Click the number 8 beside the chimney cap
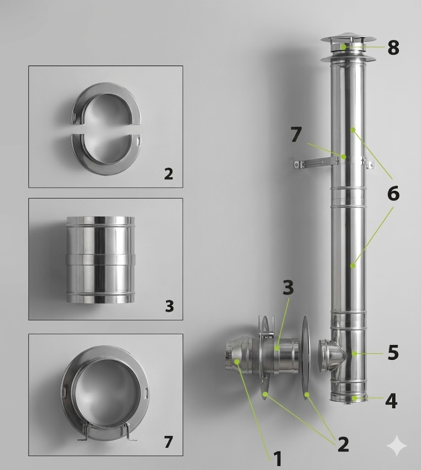pos(393,47)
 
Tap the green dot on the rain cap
pos(343,47)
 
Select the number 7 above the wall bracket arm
pos(296,134)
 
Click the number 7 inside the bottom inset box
pos(169,442)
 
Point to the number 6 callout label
pos(393,193)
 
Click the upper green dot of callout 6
pos(353,130)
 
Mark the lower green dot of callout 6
pos(353,265)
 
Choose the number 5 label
pos(393,352)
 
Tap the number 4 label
pos(391,401)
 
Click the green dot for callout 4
pos(355,398)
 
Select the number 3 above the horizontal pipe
pos(288,287)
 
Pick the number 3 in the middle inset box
pos(169,306)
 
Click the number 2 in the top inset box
pos(169,173)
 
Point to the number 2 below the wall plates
pos(343,444)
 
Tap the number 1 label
pos(278,459)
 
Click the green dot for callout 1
pos(237,362)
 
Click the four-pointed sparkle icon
pos(397,445)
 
